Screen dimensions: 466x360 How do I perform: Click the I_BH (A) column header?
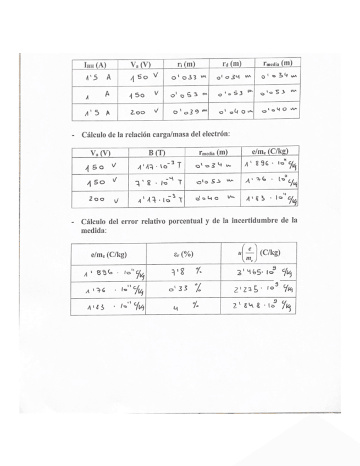click(x=95, y=64)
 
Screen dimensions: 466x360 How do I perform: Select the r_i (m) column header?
click(x=187, y=64)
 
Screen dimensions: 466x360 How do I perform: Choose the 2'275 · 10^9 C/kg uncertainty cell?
click(x=257, y=290)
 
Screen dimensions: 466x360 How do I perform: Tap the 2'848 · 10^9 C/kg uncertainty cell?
click(x=257, y=307)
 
